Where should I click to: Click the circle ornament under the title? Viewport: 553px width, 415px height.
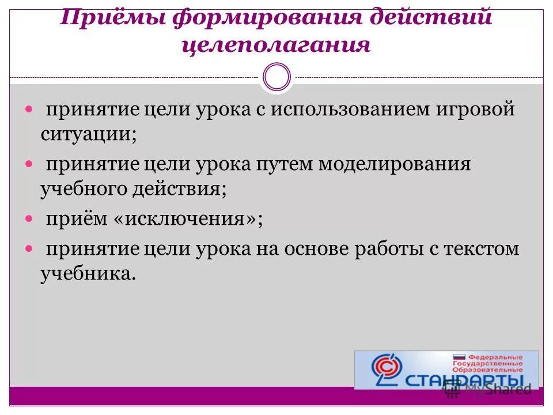tap(276, 77)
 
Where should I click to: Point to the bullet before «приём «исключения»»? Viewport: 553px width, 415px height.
tap(30, 220)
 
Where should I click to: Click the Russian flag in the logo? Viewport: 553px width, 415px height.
tap(460, 357)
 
